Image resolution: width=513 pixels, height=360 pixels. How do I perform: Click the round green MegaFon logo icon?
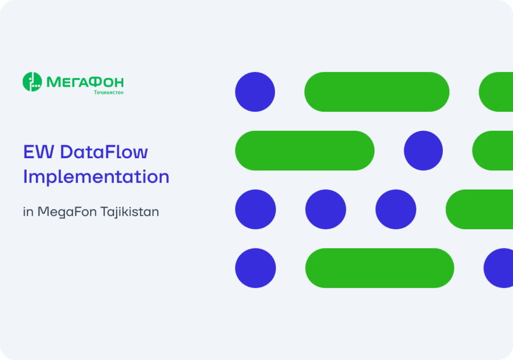(32, 82)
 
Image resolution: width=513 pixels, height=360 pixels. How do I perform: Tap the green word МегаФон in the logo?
(85, 82)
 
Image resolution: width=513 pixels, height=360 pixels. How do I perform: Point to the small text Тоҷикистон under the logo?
(109, 93)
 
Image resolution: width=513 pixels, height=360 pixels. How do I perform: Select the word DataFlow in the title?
(104, 151)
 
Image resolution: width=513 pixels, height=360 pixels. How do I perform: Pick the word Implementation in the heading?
(96, 177)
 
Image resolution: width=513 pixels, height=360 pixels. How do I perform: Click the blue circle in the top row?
(255, 92)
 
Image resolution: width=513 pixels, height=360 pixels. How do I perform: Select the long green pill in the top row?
(377, 92)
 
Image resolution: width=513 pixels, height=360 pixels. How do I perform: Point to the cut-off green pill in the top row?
(496, 92)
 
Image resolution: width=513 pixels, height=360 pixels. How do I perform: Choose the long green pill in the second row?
(305, 151)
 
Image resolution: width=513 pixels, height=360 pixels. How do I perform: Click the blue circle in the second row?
(423, 151)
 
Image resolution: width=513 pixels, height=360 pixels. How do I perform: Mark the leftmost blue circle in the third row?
(255, 209)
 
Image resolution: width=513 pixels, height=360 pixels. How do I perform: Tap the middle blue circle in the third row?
(326, 209)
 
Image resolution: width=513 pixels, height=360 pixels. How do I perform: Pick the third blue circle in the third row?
(396, 209)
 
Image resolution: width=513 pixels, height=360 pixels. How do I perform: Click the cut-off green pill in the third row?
(480, 209)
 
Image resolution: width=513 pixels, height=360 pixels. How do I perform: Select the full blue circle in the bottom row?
(255, 268)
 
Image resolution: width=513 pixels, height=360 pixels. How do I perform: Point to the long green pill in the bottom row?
(379, 268)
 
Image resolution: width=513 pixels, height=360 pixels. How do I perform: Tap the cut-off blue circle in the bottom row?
(499, 268)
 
